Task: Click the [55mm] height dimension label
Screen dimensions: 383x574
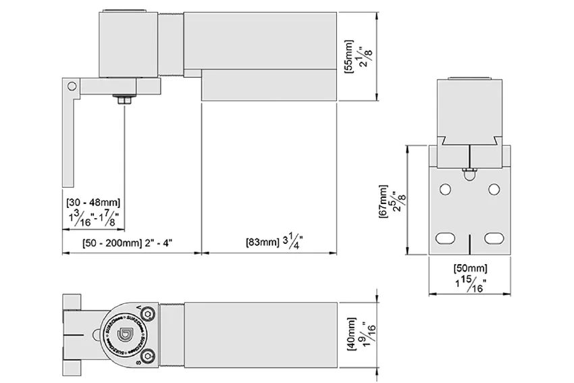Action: coord(348,56)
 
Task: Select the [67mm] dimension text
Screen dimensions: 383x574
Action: coord(384,201)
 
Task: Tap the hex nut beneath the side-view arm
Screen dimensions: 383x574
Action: coord(124,101)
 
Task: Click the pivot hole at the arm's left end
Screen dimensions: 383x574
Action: coord(70,86)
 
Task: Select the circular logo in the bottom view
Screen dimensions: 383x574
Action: coord(125,334)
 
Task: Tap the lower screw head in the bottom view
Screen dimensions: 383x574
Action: coord(147,355)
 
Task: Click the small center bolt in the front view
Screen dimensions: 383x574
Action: coord(467,173)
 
